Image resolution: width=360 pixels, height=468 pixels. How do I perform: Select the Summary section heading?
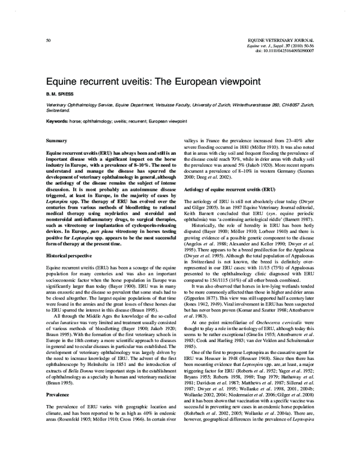(x=56, y=139)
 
